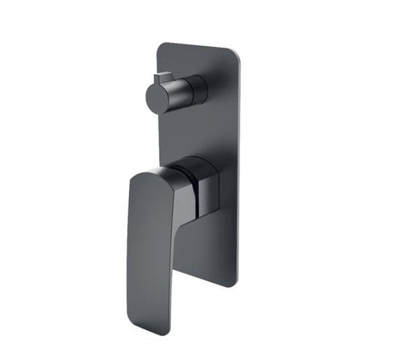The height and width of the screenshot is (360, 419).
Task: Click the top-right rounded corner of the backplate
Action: [233, 50]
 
